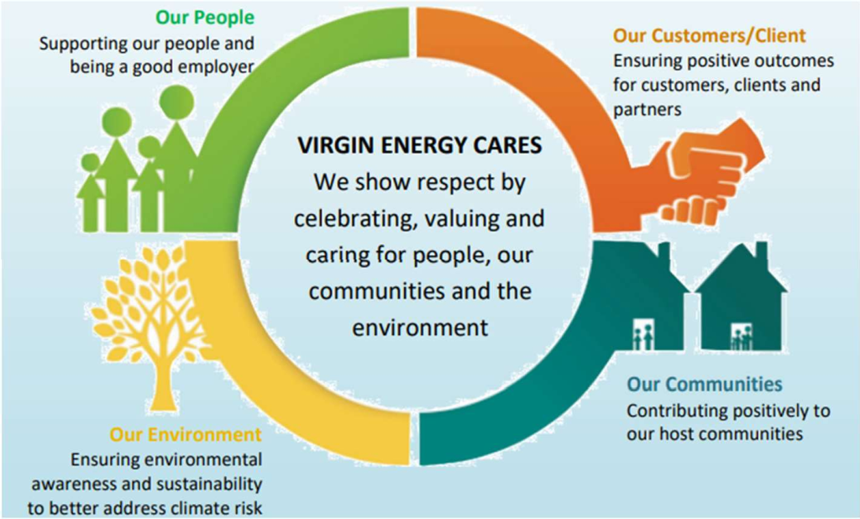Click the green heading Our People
pyautogui.click(x=205, y=18)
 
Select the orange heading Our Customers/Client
pyautogui.click(x=709, y=35)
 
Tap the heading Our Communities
pyautogui.click(x=705, y=384)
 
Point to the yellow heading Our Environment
pyautogui.click(x=186, y=434)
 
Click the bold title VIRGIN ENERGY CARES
pyautogui.click(x=420, y=145)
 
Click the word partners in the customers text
pyautogui.click(x=648, y=110)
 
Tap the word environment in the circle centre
pyautogui.click(x=420, y=328)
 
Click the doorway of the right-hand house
pyautogui.click(x=741, y=337)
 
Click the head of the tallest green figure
pyautogui.click(x=176, y=102)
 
